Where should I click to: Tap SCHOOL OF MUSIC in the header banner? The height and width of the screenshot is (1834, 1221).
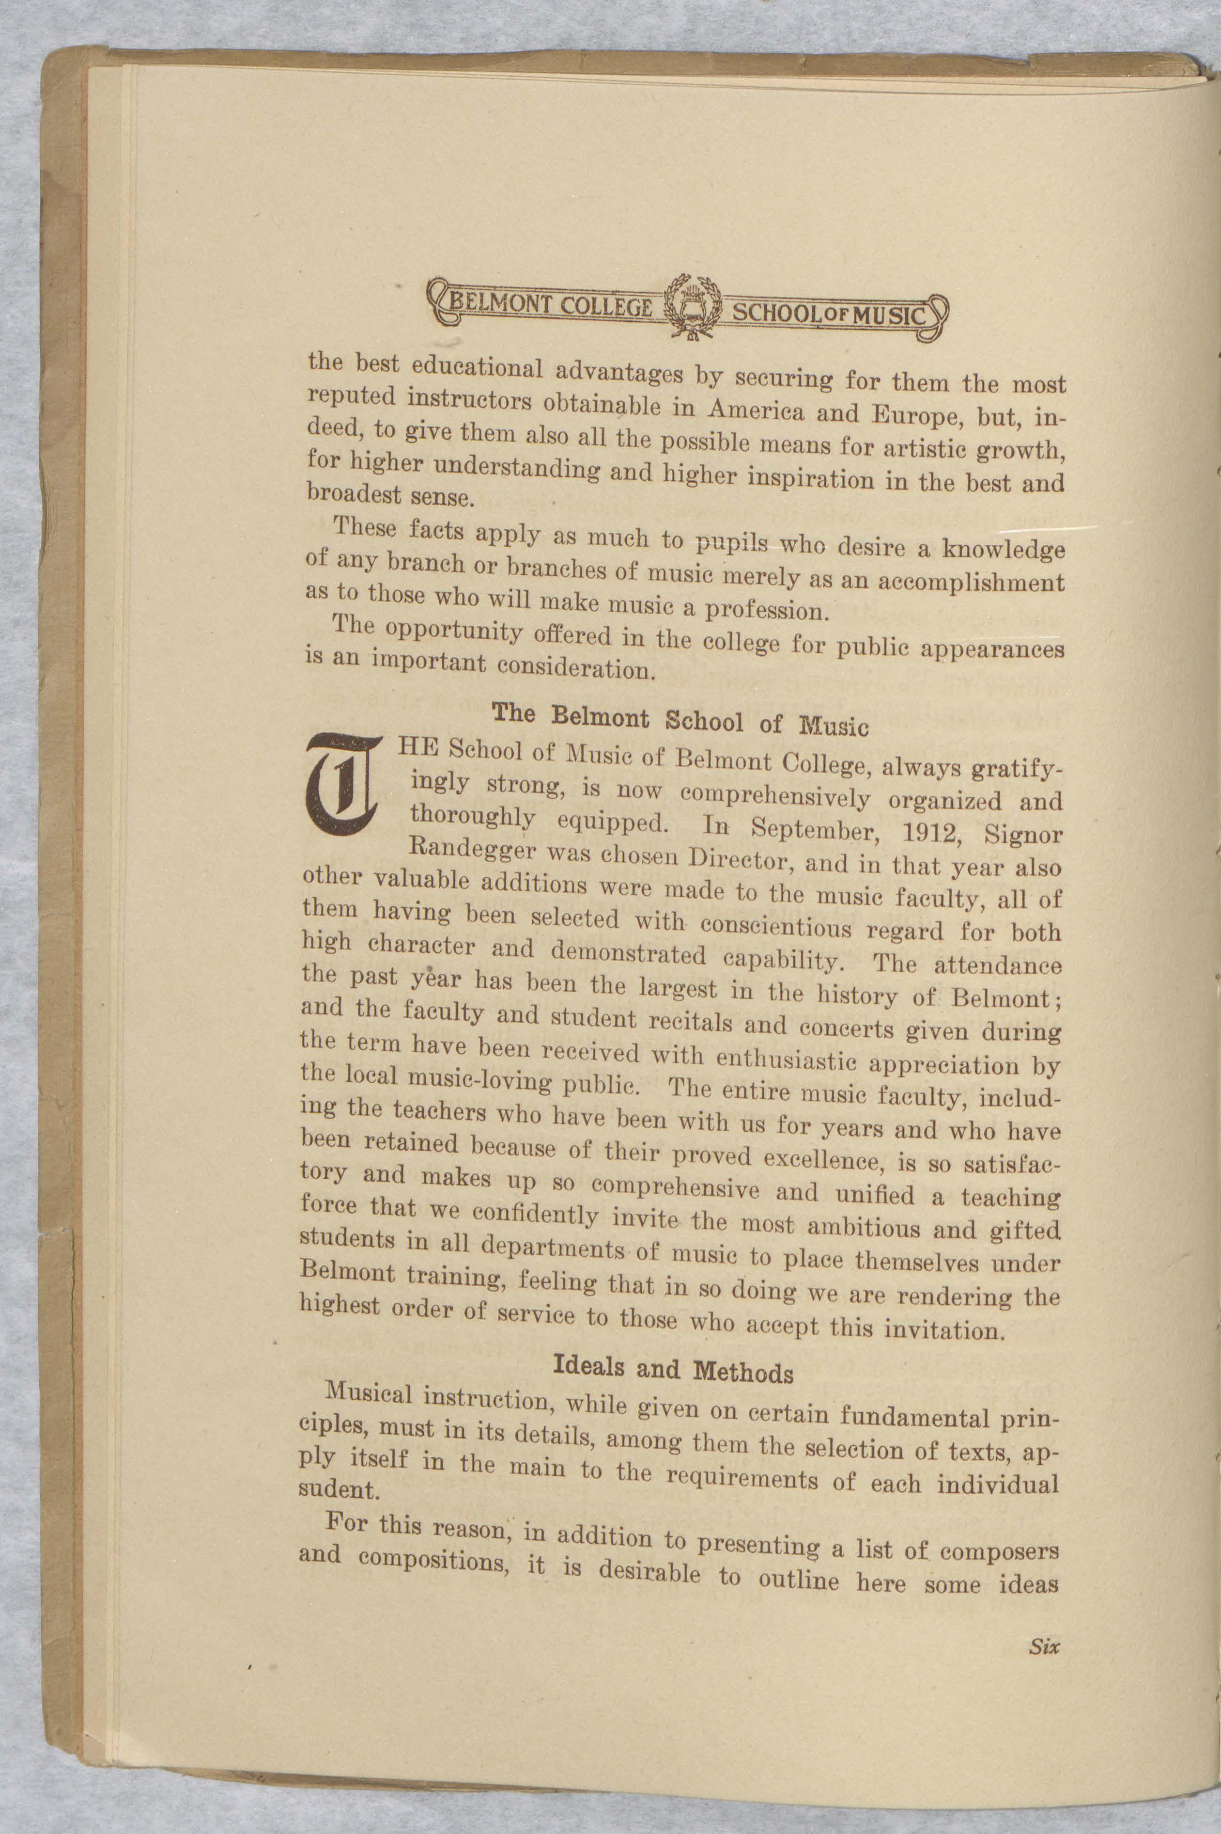829,315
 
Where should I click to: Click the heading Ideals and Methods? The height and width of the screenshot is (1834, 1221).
673,1369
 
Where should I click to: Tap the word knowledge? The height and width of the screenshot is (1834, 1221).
1003,551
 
